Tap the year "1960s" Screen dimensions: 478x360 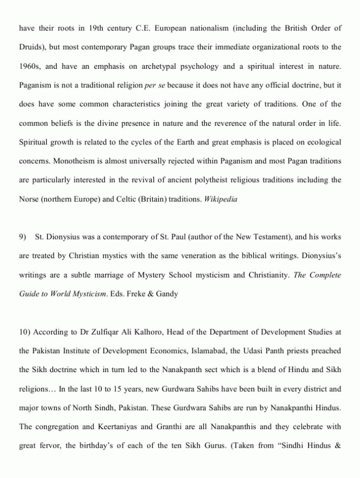[x=30, y=66]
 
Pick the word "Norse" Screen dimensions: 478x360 [x=29, y=199]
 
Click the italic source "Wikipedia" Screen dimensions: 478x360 [x=221, y=199]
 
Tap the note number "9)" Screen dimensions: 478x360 [x=23, y=237]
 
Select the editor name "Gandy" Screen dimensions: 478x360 [x=168, y=294]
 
